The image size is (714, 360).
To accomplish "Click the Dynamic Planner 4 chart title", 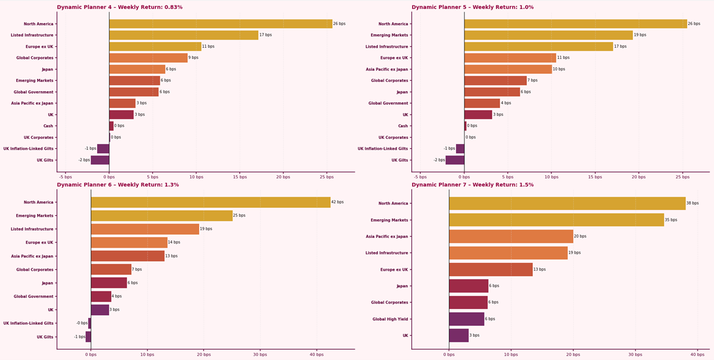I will (x=120, y=7).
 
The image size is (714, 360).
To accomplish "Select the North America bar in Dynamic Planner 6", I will (x=211, y=202).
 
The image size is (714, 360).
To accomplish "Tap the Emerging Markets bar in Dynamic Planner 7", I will (x=556, y=220).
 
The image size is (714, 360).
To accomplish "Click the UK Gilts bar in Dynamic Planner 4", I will (x=100, y=160).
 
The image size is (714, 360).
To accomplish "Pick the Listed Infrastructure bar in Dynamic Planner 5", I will (x=539, y=47).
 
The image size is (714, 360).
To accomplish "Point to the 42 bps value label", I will (x=338, y=202).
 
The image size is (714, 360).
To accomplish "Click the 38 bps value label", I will (x=692, y=203).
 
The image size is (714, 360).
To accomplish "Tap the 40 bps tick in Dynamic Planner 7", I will (x=697, y=355).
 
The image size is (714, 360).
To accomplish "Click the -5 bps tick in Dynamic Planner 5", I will (x=421, y=177).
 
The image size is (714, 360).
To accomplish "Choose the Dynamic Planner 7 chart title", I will (x=472, y=185).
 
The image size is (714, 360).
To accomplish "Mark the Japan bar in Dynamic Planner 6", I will (x=109, y=283).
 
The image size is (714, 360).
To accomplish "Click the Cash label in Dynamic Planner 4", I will (x=48, y=126).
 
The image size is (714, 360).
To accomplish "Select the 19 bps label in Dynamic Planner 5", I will (x=640, y=35).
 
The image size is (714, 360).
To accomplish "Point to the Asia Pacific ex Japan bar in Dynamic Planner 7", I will (x=511, y=236).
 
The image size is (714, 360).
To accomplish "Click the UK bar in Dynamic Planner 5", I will (x=478, y=115).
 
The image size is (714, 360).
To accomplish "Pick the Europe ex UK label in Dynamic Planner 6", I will (x=39, y=243).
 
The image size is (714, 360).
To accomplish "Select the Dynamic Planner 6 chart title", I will (x=118, y=185).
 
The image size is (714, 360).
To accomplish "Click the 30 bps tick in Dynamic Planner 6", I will (x=260, y=355).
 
